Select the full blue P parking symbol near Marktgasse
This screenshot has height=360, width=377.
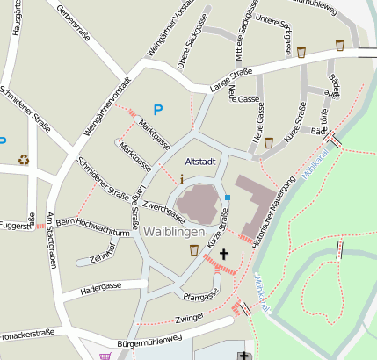click(158, 110)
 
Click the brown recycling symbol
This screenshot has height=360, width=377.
click(25, 159)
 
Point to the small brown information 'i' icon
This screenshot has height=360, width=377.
click(182, 178)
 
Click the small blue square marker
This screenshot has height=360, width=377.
click(228, 198)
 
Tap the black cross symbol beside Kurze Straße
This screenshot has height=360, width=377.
click(223, 255)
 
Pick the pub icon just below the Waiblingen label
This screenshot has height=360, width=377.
click(193, 250)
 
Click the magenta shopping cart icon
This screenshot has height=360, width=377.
click(106, 356)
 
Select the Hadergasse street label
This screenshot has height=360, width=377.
click(100, 287)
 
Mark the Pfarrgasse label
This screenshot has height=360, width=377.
click(200, 297)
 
